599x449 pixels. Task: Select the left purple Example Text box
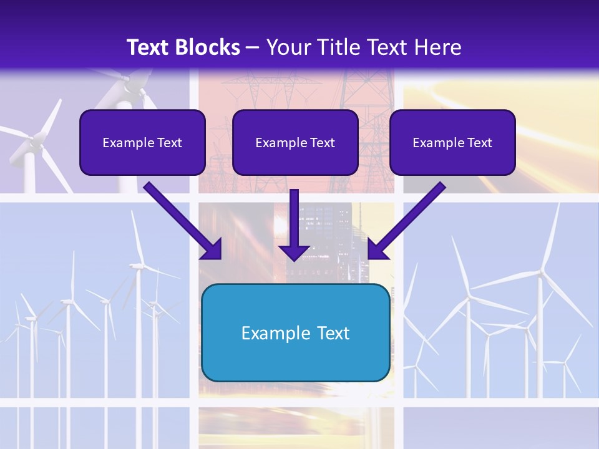pyautogui.click(x=142, y=142)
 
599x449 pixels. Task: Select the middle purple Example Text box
pyautogui.click(x=295, y=142)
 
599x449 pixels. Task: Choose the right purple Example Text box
pyautogui.click(x=452, y=142)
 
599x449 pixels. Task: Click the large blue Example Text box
pyautogui.click(x=295, y=332)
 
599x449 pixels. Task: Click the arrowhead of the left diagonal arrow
pyautogui.click(x=213, y=249)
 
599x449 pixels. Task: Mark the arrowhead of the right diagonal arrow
pyautogui.click(x=377, y=249)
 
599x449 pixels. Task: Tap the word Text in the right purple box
pyautogui.click(x=479, y=142)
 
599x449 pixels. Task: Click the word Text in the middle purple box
pyautogui.click(x=322, y=142)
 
